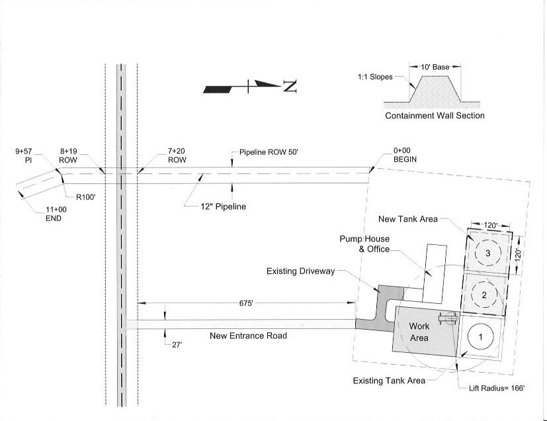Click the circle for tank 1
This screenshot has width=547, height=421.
pos(481,336)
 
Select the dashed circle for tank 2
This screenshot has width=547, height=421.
pos(484,295)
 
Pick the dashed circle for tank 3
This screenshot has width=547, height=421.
pos(487,253)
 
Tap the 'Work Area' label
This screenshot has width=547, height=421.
pos(419,332)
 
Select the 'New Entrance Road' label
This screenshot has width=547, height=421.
pos(248,336)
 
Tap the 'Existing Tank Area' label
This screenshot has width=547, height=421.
pos(389,381)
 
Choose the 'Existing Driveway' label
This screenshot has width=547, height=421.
pos(300,271)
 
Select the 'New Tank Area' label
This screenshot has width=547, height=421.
pos(408,219)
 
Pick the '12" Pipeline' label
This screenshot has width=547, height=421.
pos(224,207)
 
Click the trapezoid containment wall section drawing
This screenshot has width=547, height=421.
pos(433,89)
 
